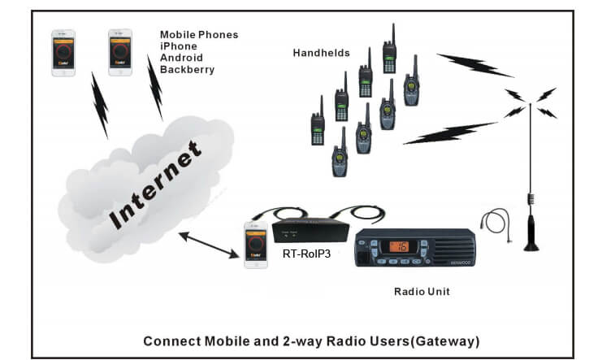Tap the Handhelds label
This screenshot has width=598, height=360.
pyautogui.click(x=321, y=53)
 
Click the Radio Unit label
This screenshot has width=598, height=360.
pyautogui.click(x=421, y=291)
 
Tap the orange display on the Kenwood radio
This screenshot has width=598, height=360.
pyautogui.click(x=400, y=246)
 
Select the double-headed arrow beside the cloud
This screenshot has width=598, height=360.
pyautogui.click(x=209, y=246)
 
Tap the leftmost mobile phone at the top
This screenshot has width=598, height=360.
pyautogui.click(x=63, y=54)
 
